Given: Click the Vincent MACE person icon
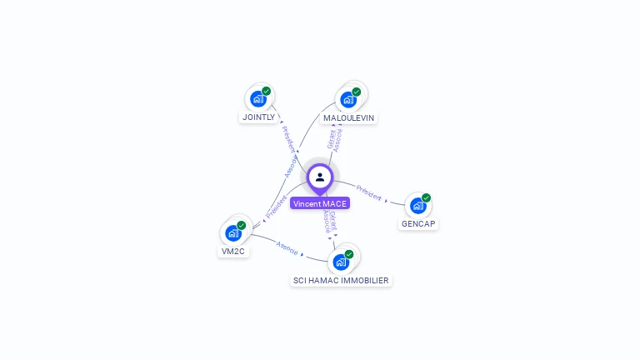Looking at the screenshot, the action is coord(320,177).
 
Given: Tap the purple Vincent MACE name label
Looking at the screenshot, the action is coord(320,203).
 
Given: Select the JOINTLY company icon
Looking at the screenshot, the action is coord(258,99).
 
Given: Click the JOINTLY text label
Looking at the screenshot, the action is coord(258,117).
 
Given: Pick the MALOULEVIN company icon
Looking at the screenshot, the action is coord(348,100).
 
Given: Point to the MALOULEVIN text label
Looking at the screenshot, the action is coord(348,118).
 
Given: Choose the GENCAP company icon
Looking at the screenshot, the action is coord(418,206).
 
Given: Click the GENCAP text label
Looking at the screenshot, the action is coord(418,224).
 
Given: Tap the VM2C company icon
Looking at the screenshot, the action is coord(233,233).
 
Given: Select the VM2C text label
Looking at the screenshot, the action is coord(233,251).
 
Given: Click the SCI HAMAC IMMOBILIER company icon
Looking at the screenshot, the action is coord(341,262).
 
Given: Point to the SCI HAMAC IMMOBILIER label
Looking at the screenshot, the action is coord(341,281).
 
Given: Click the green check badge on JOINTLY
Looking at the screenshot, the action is coord(267,91).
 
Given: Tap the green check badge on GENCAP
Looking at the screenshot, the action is coord(427,197).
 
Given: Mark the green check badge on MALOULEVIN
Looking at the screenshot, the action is coord(357,92).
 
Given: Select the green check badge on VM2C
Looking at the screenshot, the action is coord(242,225).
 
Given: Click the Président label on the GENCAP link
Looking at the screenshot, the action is coord(368,194).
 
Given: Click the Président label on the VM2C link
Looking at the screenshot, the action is coord(276,207).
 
